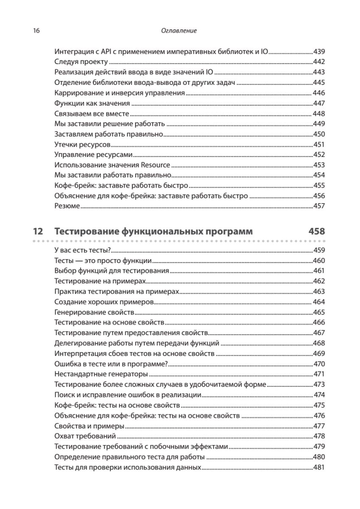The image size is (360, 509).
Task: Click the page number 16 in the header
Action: (36, 31)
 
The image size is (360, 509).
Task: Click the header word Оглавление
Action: (179, 31)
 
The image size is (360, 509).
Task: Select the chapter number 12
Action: (38, 232)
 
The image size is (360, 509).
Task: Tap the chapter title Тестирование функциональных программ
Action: (153, 232)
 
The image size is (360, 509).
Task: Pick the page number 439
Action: (319, 52)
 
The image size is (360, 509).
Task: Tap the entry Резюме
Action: (67, 206)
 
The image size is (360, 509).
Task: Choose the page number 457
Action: (319, 206)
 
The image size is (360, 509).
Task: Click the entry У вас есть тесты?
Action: (83, 250)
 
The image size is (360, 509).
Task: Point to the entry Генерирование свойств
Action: (94, 312)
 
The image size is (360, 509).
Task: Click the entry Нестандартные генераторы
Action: (101, 374)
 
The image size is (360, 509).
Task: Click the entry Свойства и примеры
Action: (89, 426)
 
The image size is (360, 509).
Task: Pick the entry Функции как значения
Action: (92, 103)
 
